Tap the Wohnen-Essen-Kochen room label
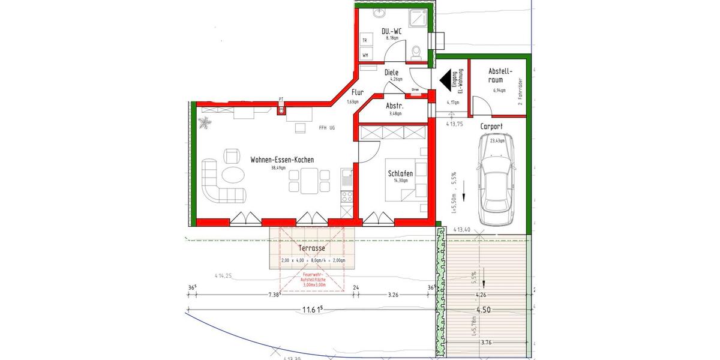point(282,160)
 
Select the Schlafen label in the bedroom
point(400,173)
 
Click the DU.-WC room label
point(392,31)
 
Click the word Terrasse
point(311,248)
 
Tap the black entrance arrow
point(445,79)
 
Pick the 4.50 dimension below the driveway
point(483,310)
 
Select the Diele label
point(391,73)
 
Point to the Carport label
point(491,127)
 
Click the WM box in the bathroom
point(365,55)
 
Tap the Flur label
point(357,93)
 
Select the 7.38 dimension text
point(273,295)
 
